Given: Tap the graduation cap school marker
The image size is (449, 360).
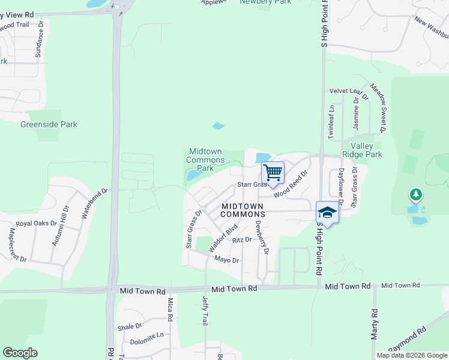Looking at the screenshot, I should [327, 212].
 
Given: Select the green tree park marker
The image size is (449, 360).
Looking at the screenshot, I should [415, 195].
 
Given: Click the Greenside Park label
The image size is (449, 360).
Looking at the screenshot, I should [49, 125].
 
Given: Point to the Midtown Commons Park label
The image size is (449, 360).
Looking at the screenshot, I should [205, 160].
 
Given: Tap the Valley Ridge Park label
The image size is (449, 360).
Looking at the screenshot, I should [361, 150].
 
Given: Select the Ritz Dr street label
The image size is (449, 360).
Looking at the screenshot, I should [241, 239].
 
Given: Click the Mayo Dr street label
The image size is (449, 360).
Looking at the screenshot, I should [227, 260].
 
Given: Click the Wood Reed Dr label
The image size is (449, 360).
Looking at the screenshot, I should [291, 184].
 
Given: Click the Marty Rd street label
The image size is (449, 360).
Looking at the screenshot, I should [374, 324].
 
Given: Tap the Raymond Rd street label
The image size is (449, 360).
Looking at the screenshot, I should [407, 339].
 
